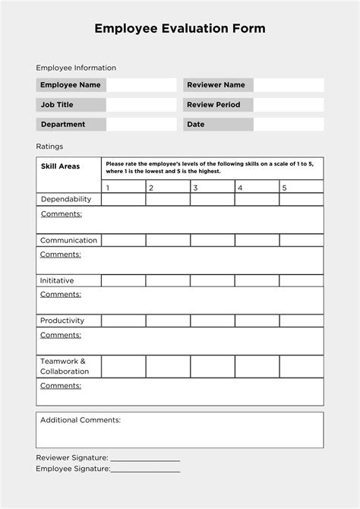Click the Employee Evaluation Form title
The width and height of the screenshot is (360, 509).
[x=180, y=29]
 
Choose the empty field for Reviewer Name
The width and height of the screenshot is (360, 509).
[x=289, y=85]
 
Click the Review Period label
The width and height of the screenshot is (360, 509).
[x=213, y=105]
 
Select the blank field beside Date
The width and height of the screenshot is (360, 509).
[x=289, y=125]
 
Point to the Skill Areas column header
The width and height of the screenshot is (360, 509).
[x=60, y=166]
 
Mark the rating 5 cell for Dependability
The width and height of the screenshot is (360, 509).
[x=301, y=200]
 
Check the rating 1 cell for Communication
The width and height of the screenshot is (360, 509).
[x=123, y=240]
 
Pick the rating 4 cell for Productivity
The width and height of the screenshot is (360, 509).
[x=257, y=321]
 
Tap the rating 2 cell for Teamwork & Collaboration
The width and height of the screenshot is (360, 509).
[x=168, y=366]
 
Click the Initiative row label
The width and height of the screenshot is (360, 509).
[x=57, y=280]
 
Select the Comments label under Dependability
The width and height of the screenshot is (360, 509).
[x=60, y=214]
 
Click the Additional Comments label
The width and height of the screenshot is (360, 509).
[x=80, y=419]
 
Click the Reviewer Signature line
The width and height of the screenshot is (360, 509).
[x=145, y=459]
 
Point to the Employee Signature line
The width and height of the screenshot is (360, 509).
[x=145, y=470]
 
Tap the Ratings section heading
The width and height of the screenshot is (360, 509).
[x=49, y=146]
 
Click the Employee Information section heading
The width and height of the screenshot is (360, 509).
[x=76, y=68]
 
